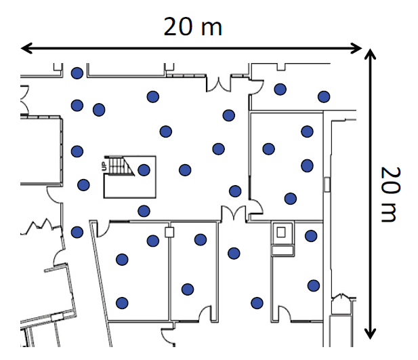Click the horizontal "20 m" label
pyautogui.click(x=192, y=26)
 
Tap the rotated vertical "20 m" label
pyautogui.click(x=390, y=195)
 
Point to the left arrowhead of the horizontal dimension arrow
pyautogui.click(x=26, y=48)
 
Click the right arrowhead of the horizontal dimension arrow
pyautogui.click(x=356, y=48)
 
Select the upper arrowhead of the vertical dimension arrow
pyautogui.click(x=370, y=54)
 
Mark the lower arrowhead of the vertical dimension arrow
pyautogui.click(x=370, y=334)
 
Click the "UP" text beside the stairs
pyautogui.click(x=104, y=166)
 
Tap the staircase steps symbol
pyautogui.click(x=120, y=165)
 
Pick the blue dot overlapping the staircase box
pyautogui.click(x=144, y=170)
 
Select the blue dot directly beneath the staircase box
pyautogui.click(x=144, y=211)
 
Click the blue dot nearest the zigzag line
pyautogui.click(x=77, y=232)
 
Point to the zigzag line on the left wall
pyautogui.click(x=41, y=226)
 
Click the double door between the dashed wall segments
pyautogui.click(x=219, y=84)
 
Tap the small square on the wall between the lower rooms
pyautogui.click(x=169, y=232)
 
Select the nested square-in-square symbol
pyautogui.click(x=281, y=232)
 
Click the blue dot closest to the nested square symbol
pyautogui.click(x=311, y=236)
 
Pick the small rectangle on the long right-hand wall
pyautogui.click(x=327, y=184)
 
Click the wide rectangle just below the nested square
pyautogui.click(x=283, y=251)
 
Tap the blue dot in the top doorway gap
pyautogui.click(x=77, y=73)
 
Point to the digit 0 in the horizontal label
pyautogui.click(x=185, y=26)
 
